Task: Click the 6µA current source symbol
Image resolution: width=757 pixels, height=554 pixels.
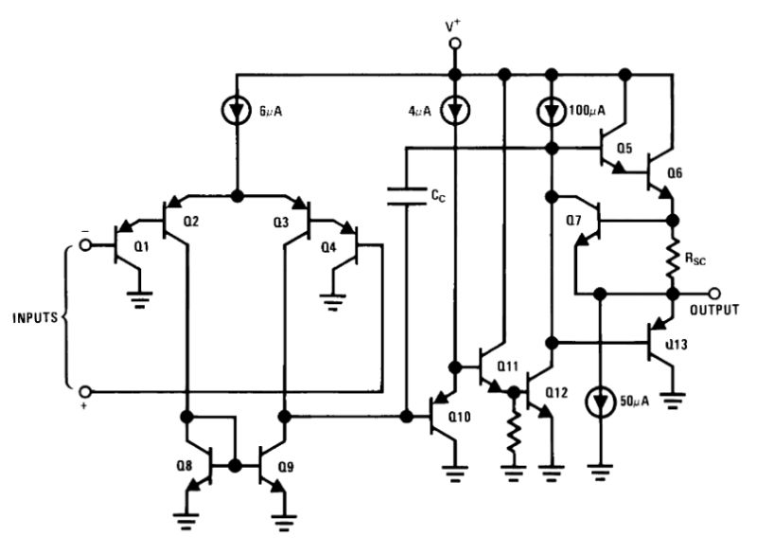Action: click(236, 110)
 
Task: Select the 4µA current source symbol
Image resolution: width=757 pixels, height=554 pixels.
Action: click(455, 110)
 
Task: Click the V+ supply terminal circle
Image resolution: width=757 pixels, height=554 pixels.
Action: click(455, 44)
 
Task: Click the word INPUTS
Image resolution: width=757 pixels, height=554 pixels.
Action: click(36, 316)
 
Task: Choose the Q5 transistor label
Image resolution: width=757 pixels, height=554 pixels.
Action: click(624, 150)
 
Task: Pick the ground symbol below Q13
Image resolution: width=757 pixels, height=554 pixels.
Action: click(673, 400)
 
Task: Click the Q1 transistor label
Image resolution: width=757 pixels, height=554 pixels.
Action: click(142, 245)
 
